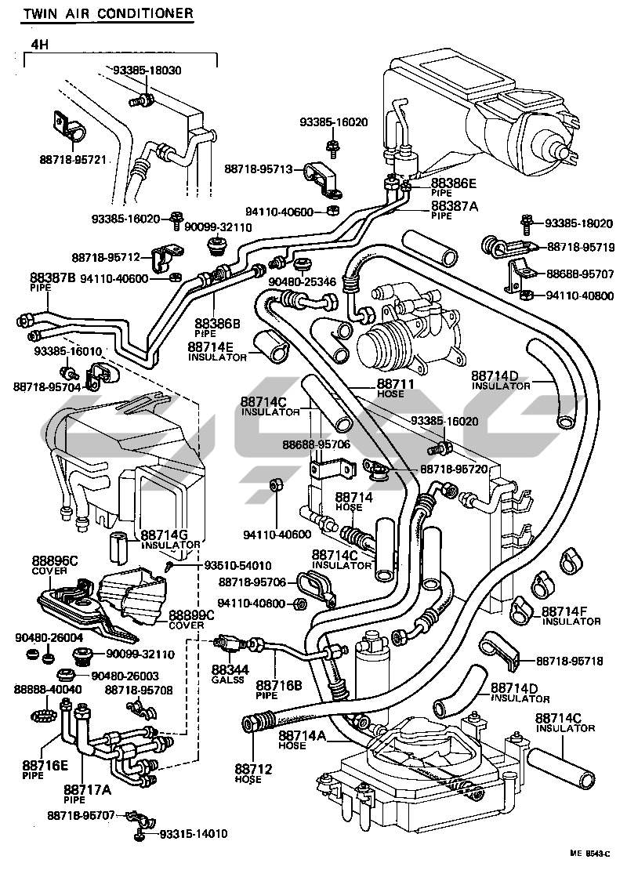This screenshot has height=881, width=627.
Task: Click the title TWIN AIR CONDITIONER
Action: [x=96, y=13]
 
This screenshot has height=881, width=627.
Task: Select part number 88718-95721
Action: [x=73, y=160]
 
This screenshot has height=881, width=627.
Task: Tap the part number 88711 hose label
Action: [x=390, y=385]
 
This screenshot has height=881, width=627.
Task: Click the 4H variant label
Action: [x=39, y=45]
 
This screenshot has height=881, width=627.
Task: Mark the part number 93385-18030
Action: [x=147, y=70]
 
